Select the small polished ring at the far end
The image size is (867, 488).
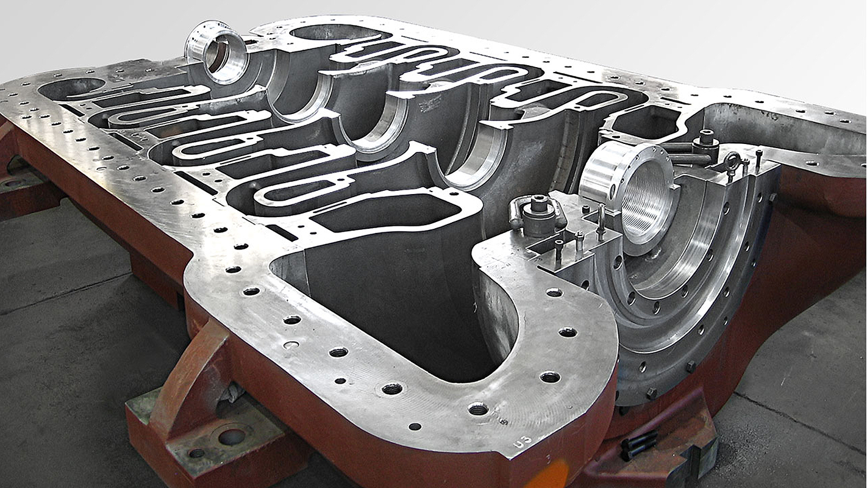(217, 51)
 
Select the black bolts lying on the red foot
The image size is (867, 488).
(638, 444)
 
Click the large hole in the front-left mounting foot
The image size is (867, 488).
(232, 436)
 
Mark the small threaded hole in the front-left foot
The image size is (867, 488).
(196, 453)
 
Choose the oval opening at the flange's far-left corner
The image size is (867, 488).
(71, 88)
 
